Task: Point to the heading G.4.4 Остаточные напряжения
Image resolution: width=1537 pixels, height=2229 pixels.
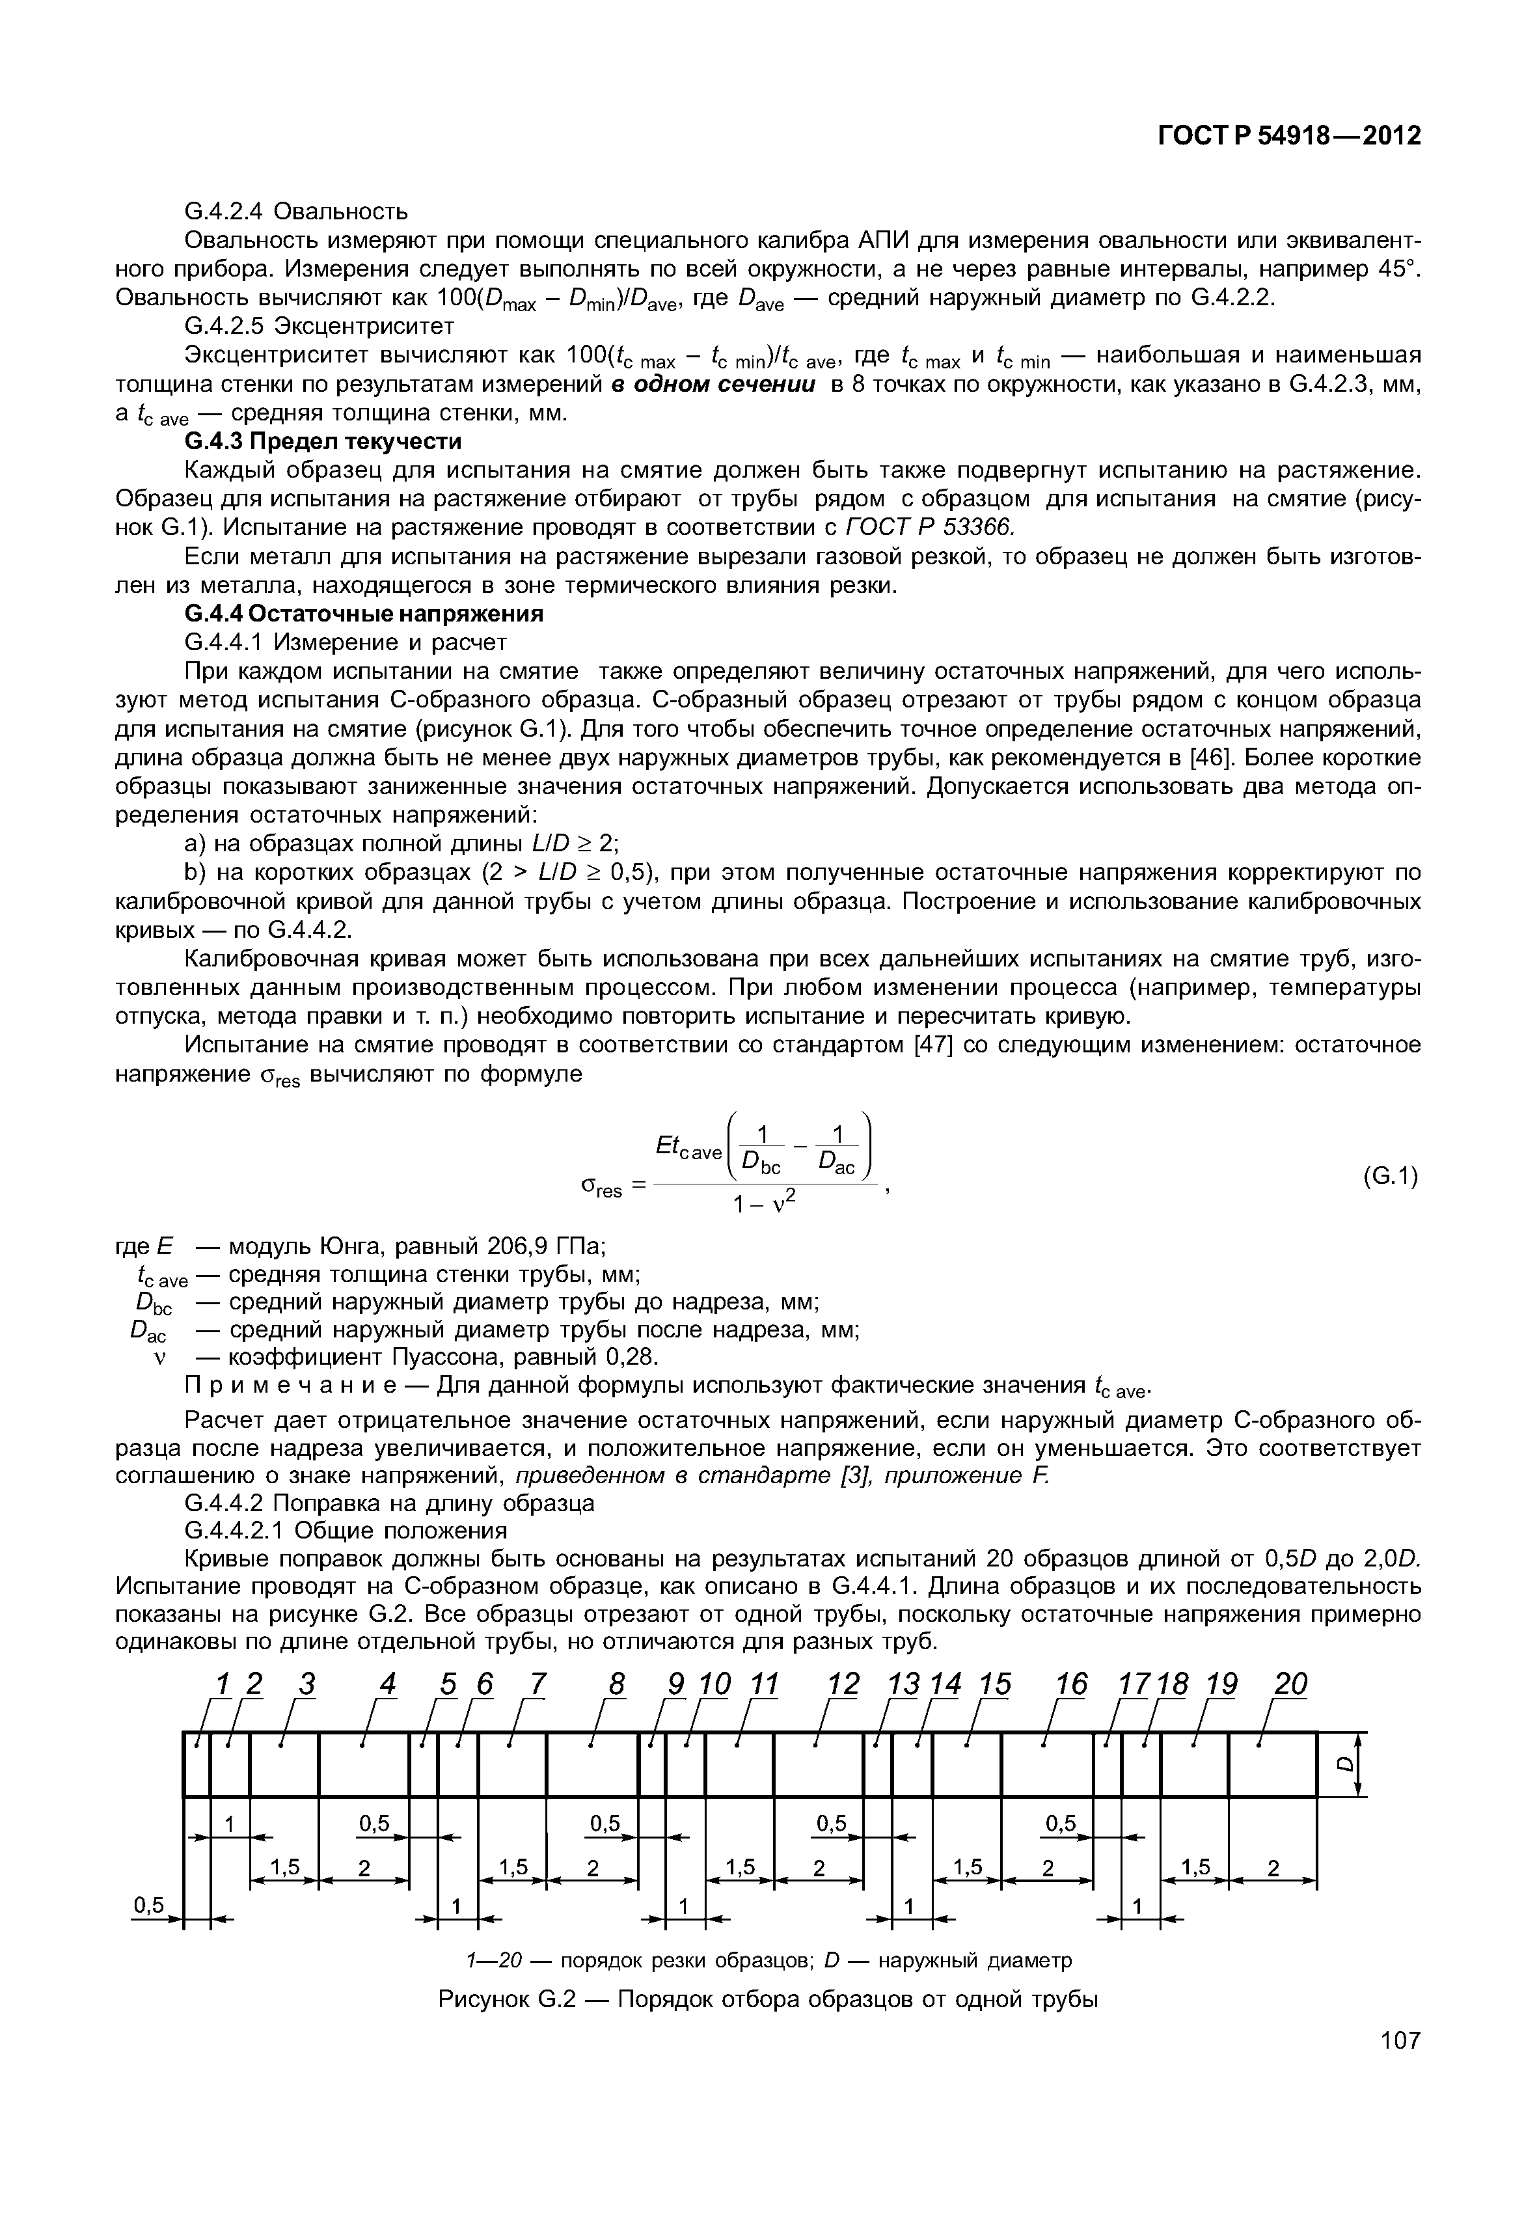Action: (x=363, y=614)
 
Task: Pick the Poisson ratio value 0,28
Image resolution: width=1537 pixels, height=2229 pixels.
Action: (x=631, y=1357)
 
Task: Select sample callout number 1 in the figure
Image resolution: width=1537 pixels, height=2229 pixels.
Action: (x=223, y=1685)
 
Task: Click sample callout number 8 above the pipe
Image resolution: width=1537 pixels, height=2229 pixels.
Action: (x=616, y=1685)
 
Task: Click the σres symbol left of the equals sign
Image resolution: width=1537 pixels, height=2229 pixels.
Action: (x=602, y=1190)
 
